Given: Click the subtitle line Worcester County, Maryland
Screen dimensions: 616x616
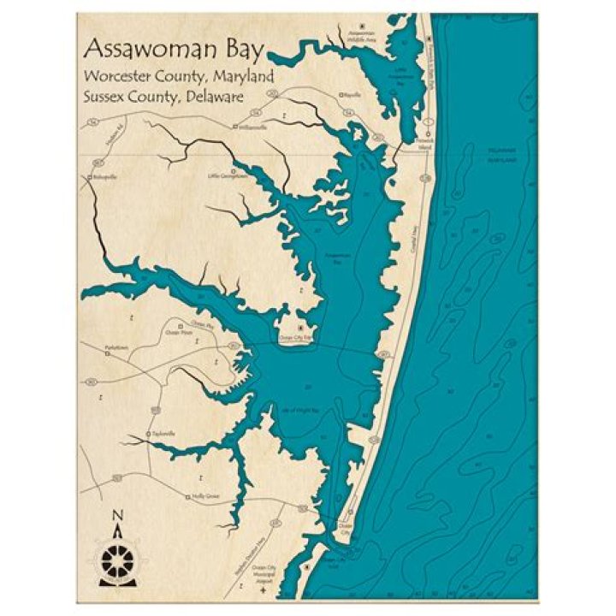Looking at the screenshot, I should point(178,76).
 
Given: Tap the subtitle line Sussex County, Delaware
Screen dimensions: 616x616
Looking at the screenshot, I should point(163,97).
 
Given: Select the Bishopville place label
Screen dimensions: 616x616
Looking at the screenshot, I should point(104,178).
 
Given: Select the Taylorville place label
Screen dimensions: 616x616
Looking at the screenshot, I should point(162,435).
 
